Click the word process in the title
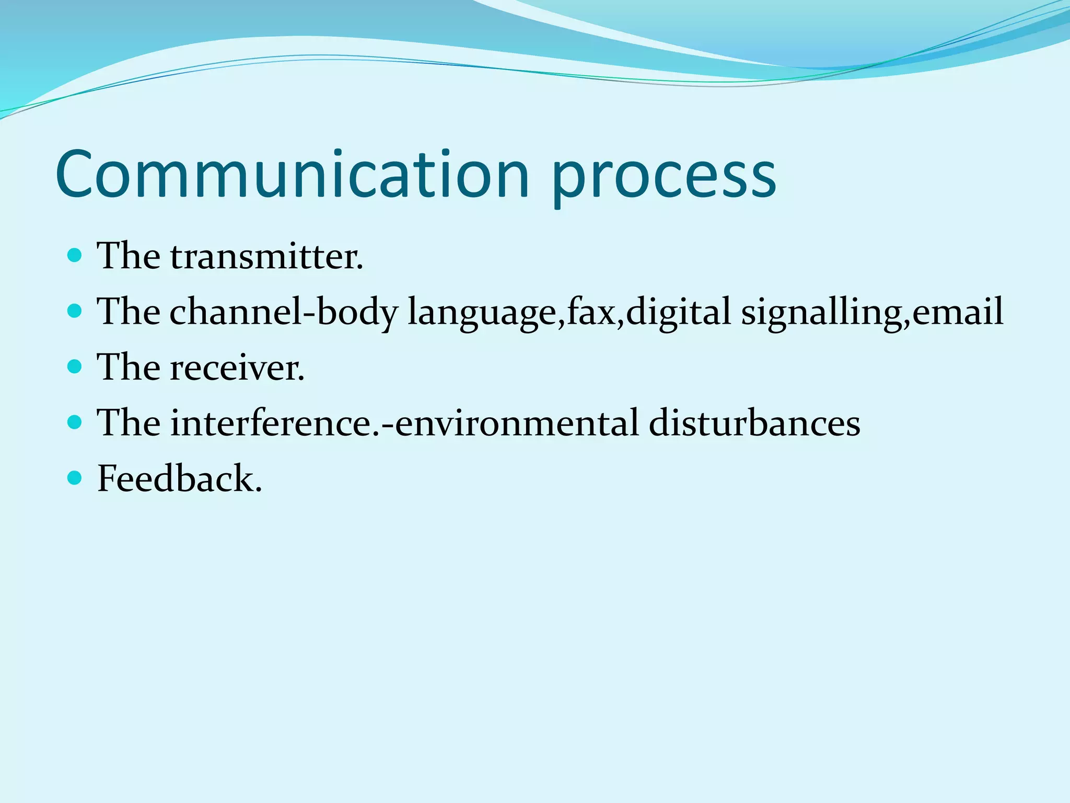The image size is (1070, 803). [664, 178]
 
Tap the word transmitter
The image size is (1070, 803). [266, 257]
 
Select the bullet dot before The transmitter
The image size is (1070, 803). [75, 255]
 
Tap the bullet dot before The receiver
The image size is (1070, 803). [75, 366]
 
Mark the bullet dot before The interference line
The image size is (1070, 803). [75, 422]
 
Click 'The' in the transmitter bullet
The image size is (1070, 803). [129, 257]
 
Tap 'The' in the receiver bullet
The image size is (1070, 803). [129, 368]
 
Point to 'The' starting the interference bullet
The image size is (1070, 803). [129, 423]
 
